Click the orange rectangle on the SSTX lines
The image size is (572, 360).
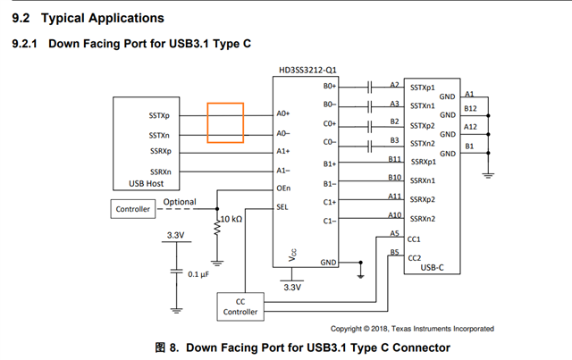[x=225, y=122]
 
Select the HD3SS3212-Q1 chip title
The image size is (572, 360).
[x=308, y=69]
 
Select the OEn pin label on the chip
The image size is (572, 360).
[x=283, y=188]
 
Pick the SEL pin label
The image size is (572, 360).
[x=282, y=205]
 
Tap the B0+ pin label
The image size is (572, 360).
[x=330, y=87]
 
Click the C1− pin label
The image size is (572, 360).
[x=330, y=220]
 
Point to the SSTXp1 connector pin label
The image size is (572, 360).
[x=425, y=87]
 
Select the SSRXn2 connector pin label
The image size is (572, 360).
[x=425, y=219]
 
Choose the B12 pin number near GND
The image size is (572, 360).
[x=471, y=108]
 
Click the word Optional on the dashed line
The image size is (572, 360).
[x=180, y=202]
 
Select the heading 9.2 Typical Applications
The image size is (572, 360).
[x=87, y=18]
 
